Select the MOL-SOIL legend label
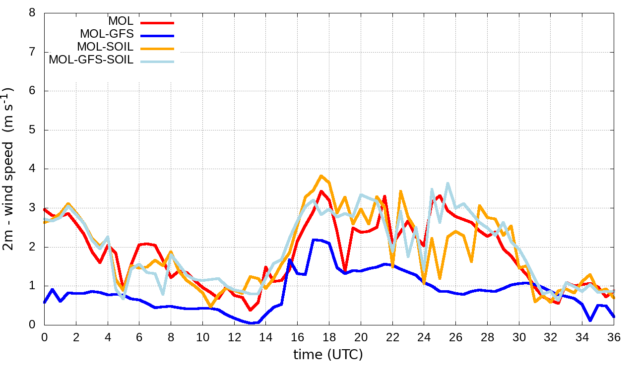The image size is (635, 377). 105,48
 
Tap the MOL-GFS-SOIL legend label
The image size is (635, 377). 91,61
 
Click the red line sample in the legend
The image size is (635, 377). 158,22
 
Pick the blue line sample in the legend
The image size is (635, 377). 158,35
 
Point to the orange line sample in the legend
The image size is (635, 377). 158,48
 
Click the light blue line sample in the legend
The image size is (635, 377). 158,61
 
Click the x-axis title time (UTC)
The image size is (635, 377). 328,355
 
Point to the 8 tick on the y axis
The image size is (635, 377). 32,13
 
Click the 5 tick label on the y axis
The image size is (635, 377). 32,130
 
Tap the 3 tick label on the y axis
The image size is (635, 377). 32,208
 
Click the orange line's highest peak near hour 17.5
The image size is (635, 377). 321,176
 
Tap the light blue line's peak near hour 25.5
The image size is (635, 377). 448,183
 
